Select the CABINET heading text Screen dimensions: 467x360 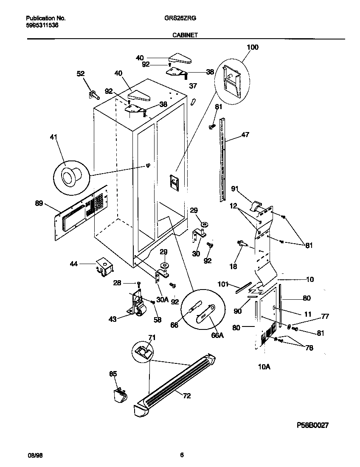pos(184,36)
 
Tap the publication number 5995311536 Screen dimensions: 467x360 pos(42,25)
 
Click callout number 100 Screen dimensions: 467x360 pos(252,47)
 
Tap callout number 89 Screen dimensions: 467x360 pos(39,204)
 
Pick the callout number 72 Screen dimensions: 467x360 pos(186,396)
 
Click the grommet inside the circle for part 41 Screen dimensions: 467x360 pos(69,175)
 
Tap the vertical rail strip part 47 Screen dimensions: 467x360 pos(222,161)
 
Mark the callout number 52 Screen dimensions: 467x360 pos(81,73)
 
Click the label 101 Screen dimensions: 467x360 pos(223,284)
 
